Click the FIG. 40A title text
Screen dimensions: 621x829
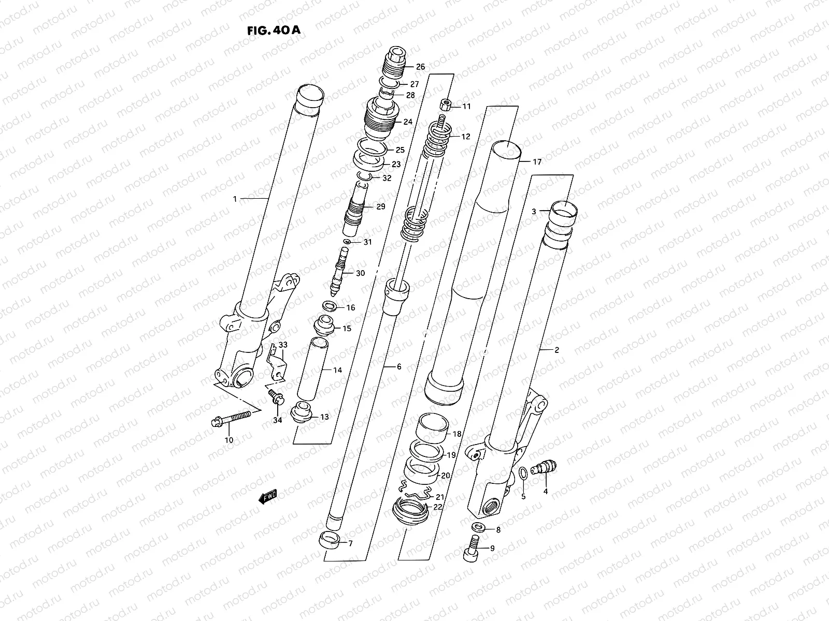point(274,30)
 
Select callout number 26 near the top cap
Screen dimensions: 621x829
point(420,67)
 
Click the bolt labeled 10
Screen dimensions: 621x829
point(231,419)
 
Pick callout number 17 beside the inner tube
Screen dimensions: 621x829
point(537,162)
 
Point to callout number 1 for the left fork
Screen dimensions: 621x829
point(235,199)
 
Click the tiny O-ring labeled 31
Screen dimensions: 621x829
point(347,242)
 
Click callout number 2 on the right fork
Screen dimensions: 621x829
point(557,350)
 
